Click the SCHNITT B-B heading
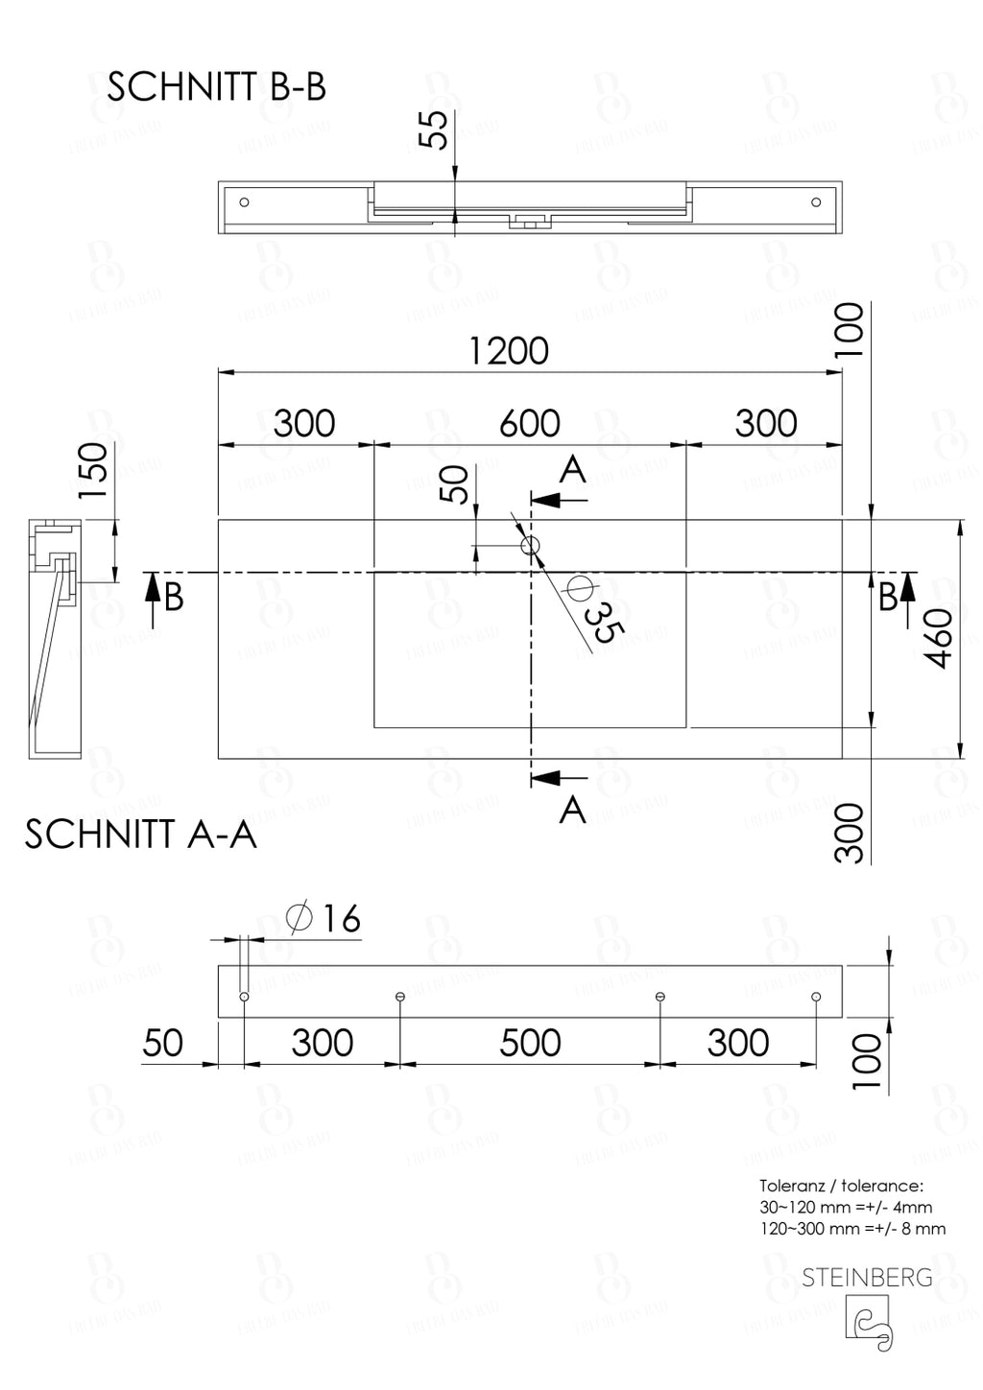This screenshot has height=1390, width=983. click(216, 87)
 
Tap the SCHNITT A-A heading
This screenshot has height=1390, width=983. click(141, 835)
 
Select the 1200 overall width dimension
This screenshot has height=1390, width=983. click(509, 351)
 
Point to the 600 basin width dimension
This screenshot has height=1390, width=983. click(529, 423)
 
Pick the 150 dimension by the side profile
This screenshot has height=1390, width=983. click(93, 470)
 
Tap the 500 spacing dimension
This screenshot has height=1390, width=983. click(530, 1043)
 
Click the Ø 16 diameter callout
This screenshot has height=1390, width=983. click(324, 918)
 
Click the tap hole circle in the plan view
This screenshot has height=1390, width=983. click(530, 546)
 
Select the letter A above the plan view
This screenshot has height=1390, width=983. click(572, 471)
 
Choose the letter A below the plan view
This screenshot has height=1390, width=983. click(572, 811)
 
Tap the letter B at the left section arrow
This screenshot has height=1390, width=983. click(174, 598)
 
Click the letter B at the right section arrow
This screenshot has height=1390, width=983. click(888, 597)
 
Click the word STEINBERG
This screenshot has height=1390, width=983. click(867, 1278)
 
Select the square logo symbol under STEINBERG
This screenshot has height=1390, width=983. click(867, 1323)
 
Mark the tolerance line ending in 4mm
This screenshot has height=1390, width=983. click(846, 1208)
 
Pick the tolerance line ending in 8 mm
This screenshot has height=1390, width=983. click(852, 1229)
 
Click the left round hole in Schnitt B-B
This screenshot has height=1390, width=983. click(244, 202)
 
